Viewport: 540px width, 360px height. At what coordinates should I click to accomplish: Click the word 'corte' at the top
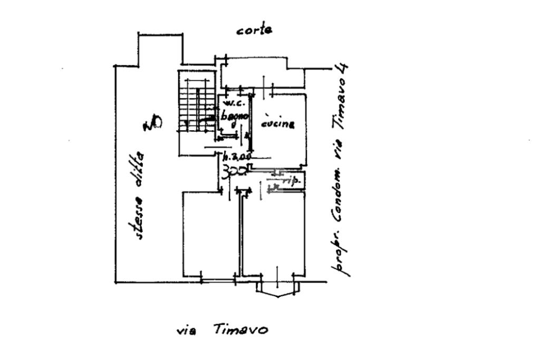coord(255,30)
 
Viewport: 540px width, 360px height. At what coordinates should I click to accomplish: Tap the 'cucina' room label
coord(277,124)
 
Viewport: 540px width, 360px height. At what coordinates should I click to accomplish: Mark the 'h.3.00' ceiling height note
coord(235,157)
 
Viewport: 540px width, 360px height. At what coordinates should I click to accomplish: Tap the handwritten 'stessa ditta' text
coord(139,195)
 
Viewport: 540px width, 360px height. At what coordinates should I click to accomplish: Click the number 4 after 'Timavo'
coord(344,70)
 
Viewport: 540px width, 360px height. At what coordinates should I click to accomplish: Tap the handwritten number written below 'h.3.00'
coord(231,171)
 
